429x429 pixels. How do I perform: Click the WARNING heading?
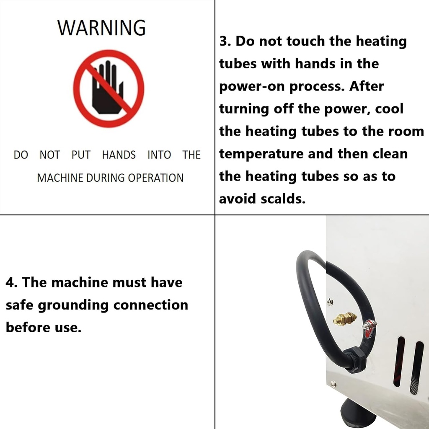click(101, 28)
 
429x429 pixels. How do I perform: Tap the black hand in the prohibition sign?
click(107, 88)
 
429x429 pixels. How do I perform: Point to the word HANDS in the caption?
click(119, 155)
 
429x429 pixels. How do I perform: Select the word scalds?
click(283, 199)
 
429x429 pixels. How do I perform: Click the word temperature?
click(261, 154)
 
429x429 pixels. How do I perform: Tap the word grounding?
click(73, 306)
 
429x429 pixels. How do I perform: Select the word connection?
click(151, 305)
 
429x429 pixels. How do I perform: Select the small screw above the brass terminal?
click(330, 302)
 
